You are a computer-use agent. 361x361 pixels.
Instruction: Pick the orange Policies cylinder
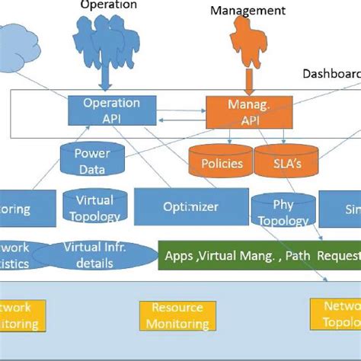(x=222, y=163)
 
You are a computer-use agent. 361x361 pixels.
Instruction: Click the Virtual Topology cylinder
(x=94, y=207)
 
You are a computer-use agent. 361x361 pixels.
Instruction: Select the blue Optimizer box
(x=190, y=207)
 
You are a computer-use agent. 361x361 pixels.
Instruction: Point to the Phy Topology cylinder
(x=282, y=211)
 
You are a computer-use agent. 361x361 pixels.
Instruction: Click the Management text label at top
(x=248, y=11)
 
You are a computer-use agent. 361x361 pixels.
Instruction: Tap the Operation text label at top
(x=108, y=5)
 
